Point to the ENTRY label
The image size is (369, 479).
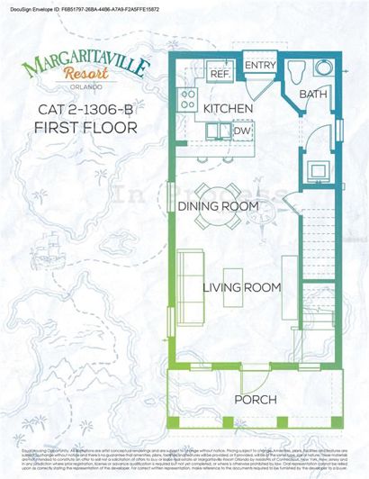point(260,66)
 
